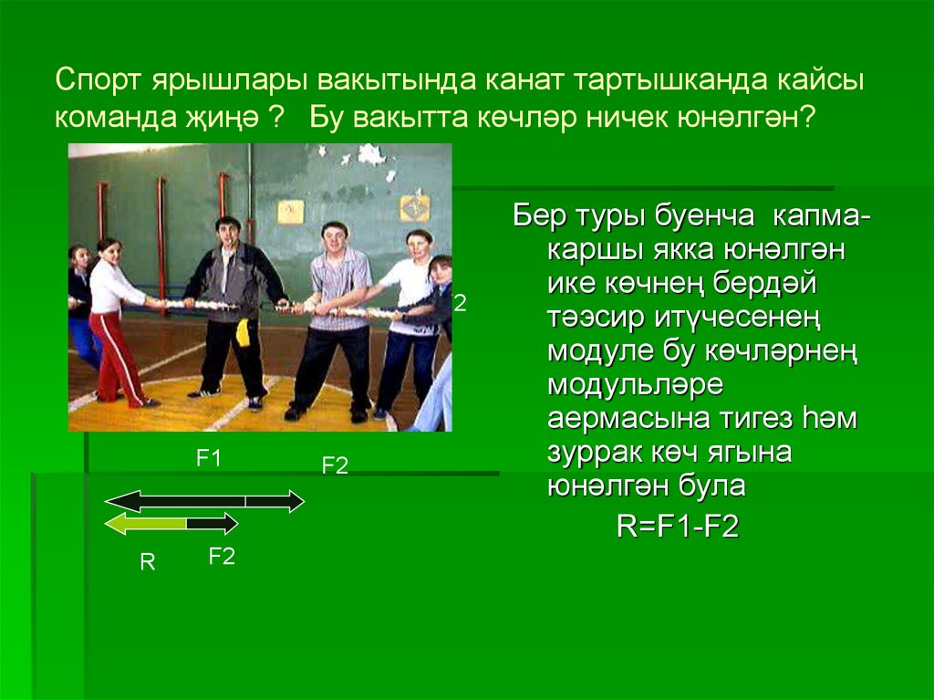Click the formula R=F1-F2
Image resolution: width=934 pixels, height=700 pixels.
tap(677, 528)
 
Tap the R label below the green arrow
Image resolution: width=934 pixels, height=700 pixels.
tap(148, 563)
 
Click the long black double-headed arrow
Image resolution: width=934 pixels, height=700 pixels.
tap(204, 500)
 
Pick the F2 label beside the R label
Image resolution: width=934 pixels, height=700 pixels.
tap(222, 557)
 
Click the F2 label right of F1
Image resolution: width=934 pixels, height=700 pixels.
tap(335, 465)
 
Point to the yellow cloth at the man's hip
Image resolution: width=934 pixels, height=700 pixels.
tap(242, 332)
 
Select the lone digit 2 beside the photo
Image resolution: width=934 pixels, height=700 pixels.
tap(461, 304)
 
